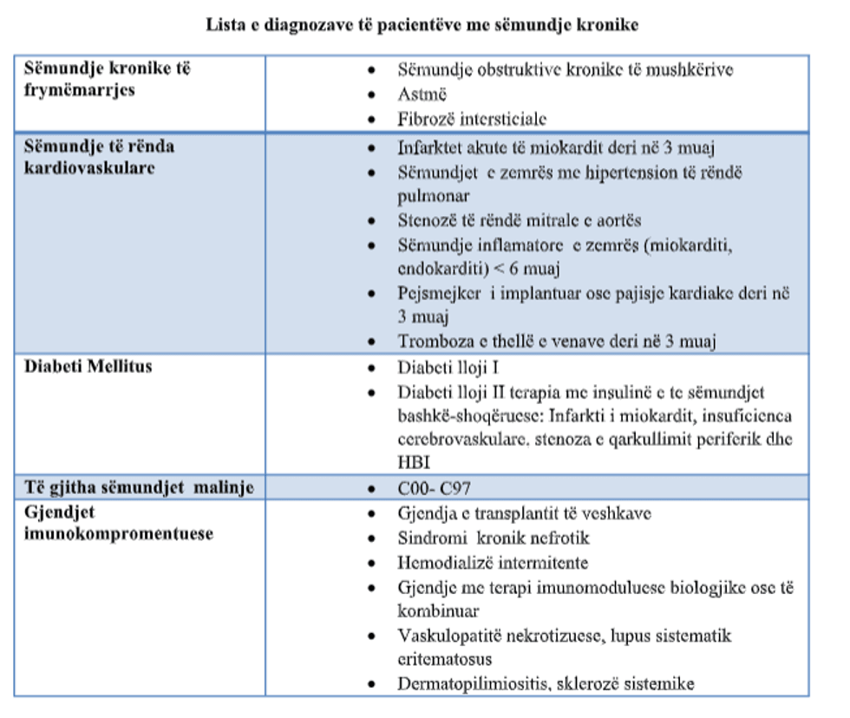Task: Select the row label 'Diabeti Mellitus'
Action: coord(88,367)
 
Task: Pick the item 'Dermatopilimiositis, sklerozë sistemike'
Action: coord(546,684)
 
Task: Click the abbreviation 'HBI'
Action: coord(415,461)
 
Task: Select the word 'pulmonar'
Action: coord(434,196)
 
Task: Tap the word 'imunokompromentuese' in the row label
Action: coord(119,532)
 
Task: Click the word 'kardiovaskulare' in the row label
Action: coord(89,167)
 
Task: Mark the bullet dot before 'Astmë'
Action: coord(372,95)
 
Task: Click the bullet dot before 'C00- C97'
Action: coord(372,488)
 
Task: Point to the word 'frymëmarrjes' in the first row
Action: coord(80,89)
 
